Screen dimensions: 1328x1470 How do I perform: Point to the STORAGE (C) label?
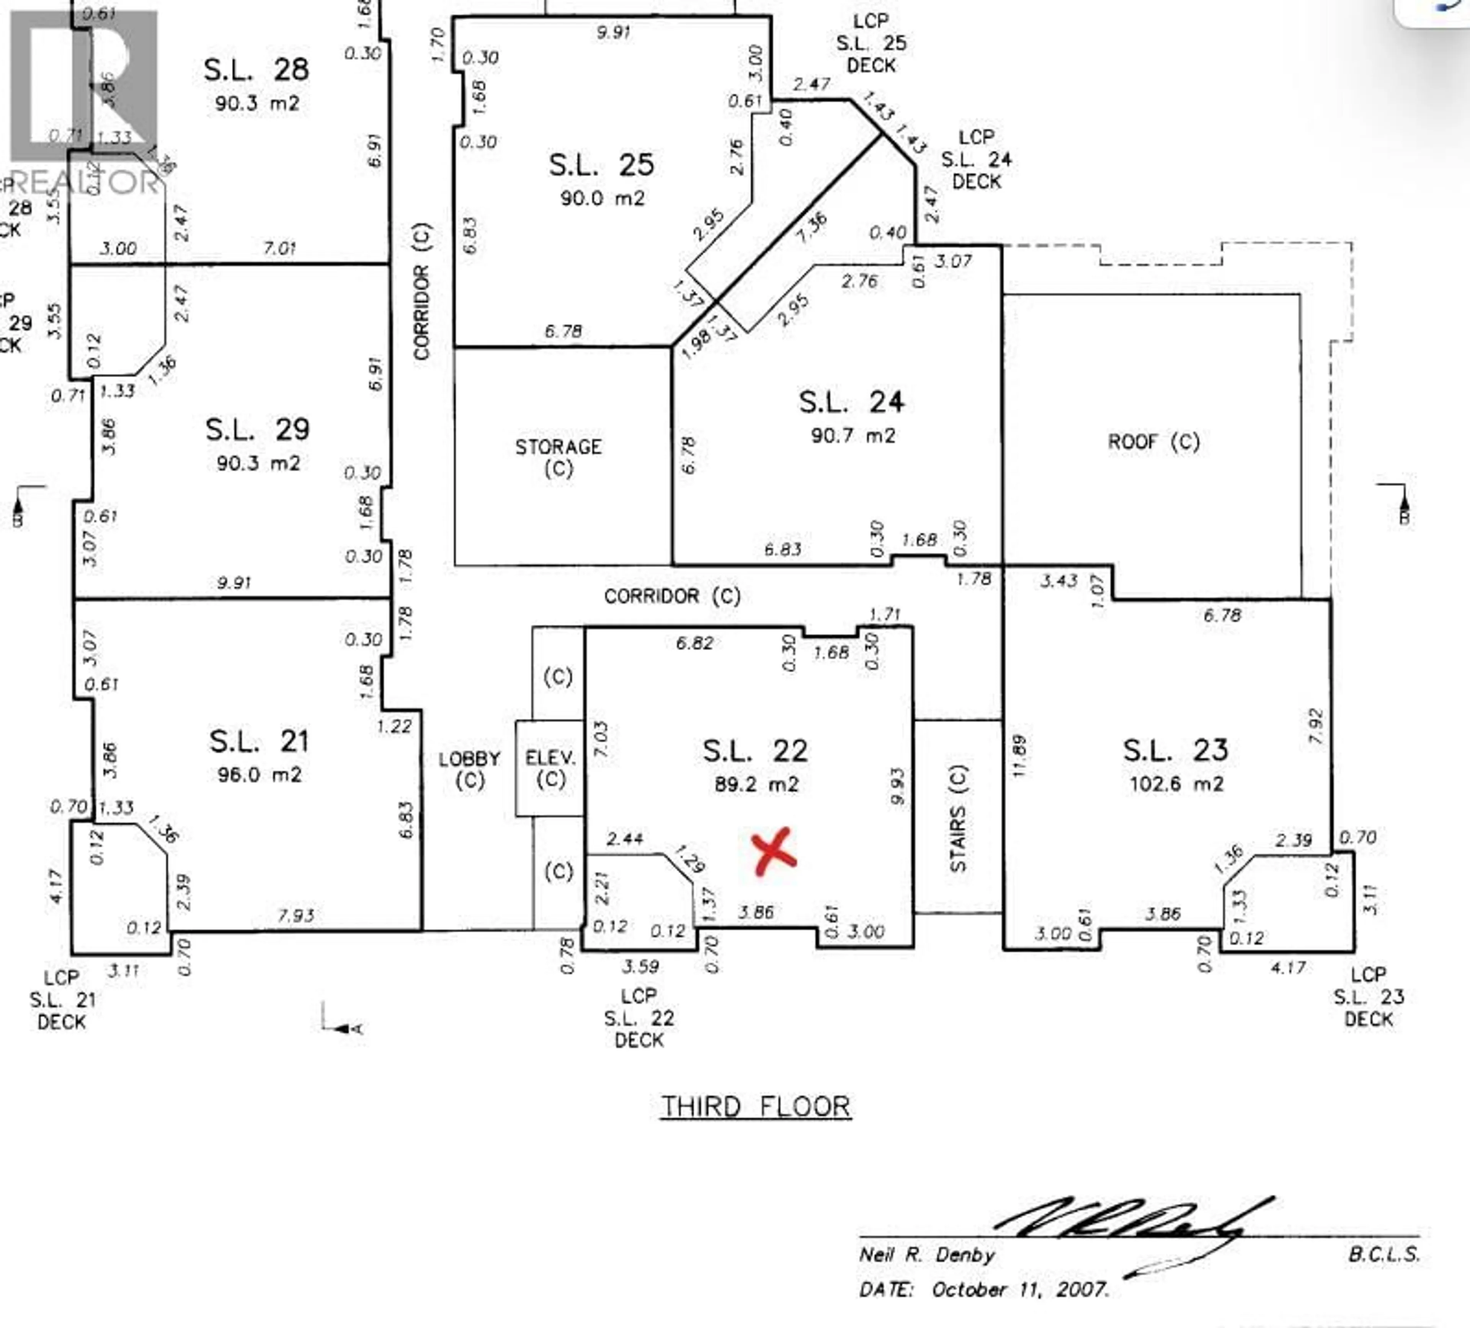click(x=559, y=457)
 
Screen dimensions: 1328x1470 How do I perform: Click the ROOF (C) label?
click(x=1153, y=442)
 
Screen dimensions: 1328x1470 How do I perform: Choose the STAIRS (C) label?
click(x=958, y=818)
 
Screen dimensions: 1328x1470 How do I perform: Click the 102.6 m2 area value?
click(x=1176, y=784)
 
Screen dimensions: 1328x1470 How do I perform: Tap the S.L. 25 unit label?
click(x=601, y=165)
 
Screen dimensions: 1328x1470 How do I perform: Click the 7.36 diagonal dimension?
click(x=812, y=227)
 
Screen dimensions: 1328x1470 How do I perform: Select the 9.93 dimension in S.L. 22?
click(x=898, y=786)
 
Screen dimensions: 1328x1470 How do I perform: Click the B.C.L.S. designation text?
click(x=1383, y=1254)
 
